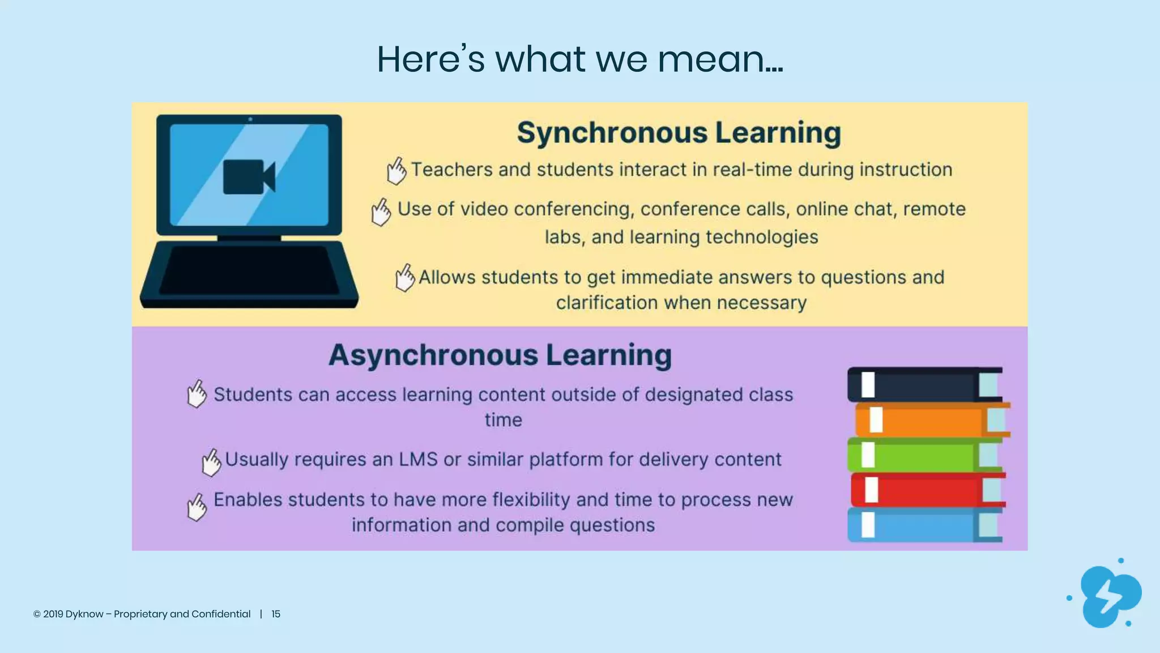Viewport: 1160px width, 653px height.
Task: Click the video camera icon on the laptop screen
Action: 249,177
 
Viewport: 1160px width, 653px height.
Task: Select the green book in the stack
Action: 923,455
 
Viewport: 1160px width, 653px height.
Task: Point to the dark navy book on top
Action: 923,385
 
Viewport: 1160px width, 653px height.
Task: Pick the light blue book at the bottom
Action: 923,525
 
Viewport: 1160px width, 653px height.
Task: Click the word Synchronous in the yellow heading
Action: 612,133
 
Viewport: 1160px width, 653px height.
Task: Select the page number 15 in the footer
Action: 276,614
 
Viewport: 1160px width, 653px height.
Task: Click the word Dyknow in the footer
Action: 84,614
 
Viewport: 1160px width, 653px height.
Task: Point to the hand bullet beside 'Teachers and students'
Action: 396,171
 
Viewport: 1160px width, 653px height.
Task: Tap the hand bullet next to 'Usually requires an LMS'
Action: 211,462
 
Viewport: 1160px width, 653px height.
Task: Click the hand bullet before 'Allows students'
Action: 404,278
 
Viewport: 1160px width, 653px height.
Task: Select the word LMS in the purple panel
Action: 418,459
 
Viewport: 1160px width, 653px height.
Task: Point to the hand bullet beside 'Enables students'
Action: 197,506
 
